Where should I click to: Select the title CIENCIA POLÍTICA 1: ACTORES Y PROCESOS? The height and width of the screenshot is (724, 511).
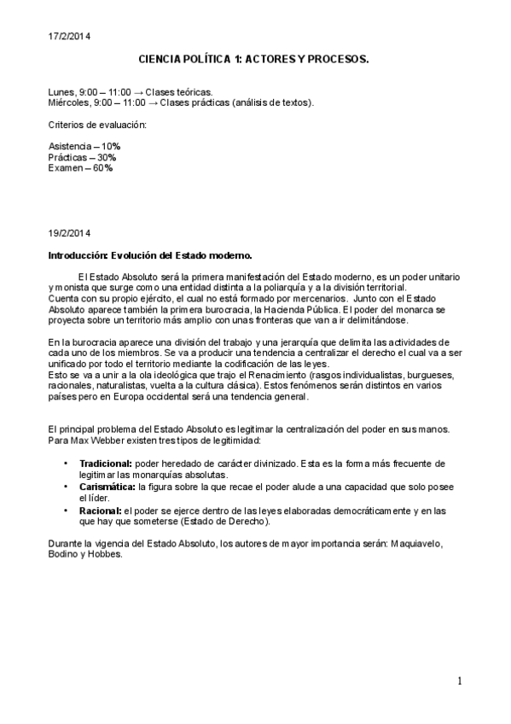253,61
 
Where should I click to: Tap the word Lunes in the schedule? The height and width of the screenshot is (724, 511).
61,90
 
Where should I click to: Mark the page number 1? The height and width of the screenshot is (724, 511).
459,680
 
